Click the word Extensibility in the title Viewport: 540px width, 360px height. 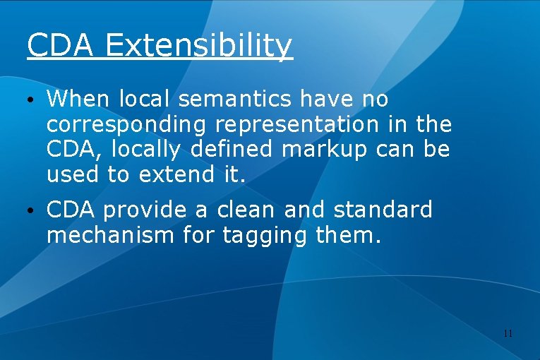[x=198, y=46]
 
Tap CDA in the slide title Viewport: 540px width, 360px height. [x=60, y=46]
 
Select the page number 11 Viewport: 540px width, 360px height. [x=508, y=332]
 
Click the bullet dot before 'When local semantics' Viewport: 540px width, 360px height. [x=32, y=100]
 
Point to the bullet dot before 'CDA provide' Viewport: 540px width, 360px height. [x=32, y=210]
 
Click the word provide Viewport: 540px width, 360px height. [x=148, y=210]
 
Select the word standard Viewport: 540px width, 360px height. [x=383, y=210]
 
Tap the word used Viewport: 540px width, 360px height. [x=73, y=175]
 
